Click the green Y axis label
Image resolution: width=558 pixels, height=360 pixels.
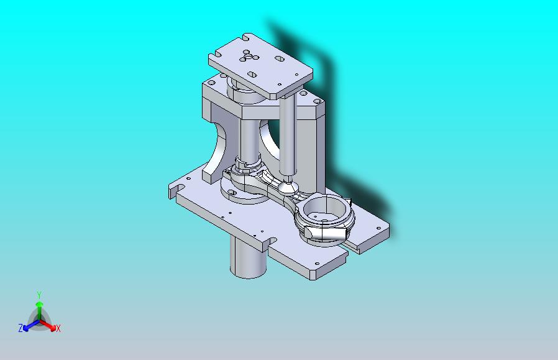tap(39, 295)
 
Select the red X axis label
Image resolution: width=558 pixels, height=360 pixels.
tap(58, 328)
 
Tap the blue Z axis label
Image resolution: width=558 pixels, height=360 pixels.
tap(21, 328)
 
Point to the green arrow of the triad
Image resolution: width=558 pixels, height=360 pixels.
tap(39, 310)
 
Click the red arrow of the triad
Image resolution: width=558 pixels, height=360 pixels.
tap(48, 325)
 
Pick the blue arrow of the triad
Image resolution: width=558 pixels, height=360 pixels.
tap(31, 325)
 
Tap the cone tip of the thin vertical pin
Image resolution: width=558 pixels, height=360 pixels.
tap(288, 187)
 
